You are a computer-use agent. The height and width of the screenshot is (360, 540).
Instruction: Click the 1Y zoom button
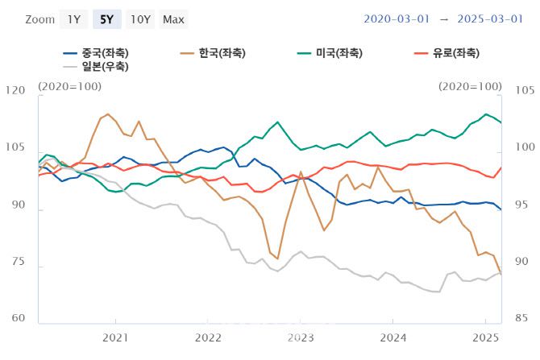(73, 19)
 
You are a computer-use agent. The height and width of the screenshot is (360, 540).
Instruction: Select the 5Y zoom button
(106, 19)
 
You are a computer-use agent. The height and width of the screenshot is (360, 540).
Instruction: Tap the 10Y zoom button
(140, 19)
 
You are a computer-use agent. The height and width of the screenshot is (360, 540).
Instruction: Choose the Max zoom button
(173, 19)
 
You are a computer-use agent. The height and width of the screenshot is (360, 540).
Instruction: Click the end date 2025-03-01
(491, 18)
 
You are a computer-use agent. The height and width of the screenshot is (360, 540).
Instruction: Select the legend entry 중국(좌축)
(97, 53)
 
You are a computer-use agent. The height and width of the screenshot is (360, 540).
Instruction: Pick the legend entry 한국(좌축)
(212, 53)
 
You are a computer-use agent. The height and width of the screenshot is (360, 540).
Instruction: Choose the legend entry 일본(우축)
(97, 67)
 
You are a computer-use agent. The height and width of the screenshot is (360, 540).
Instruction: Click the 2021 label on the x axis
(115, 337)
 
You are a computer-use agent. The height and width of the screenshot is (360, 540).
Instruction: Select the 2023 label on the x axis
(300, 337)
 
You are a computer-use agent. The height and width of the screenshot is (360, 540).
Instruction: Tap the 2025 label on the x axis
(485, 337)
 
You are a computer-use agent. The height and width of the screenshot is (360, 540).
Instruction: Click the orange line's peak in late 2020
(108, 114)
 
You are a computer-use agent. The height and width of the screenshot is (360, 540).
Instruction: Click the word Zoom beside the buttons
(39, 19)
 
